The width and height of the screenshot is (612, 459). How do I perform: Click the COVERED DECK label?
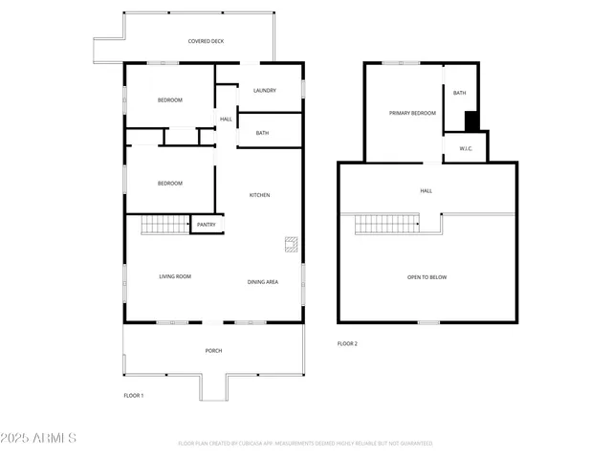click(206, 41)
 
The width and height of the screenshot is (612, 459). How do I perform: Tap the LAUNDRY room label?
click(265, 91)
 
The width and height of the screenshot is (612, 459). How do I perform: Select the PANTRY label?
click(207, 225)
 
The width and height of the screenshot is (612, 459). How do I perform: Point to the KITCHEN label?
click(260, 195)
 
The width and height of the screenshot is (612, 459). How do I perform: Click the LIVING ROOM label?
click(175, 276)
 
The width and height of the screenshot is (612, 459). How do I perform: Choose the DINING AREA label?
click(263, 282)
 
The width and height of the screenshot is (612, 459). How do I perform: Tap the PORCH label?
click(213, 351)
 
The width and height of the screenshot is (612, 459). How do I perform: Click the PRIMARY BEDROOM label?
click(412, 113)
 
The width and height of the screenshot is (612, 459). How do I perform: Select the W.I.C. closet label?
click(466, 148)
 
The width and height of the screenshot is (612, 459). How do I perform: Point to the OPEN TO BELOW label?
click(426, 277)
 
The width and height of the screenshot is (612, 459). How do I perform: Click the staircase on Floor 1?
click(164, 226)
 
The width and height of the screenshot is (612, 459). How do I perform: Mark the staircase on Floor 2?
click(387, 225)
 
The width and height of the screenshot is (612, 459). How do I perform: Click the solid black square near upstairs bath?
click(470, 121)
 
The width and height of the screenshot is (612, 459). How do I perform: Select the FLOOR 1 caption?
click(133, 395)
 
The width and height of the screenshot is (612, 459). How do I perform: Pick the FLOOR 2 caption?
click(347, 343)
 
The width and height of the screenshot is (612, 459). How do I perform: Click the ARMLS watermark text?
click(39, 438)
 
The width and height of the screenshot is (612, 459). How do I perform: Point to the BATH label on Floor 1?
click(262, 133)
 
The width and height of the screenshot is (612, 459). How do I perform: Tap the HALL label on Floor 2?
click(426, 190)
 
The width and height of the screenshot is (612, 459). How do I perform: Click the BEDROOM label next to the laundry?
click(169, 100)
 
